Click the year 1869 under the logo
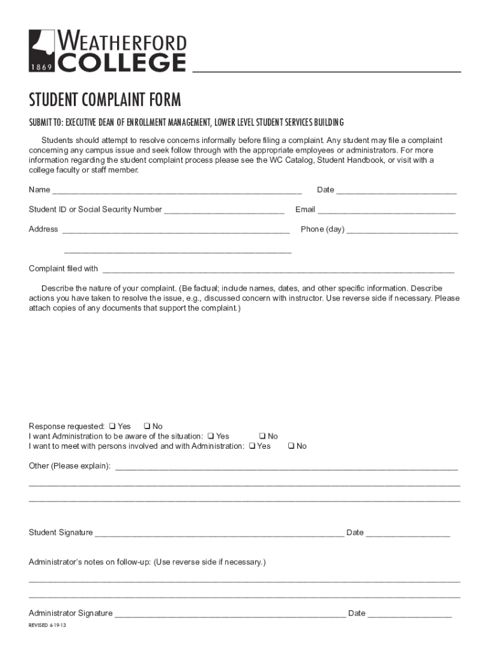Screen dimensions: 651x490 tap(41, 67)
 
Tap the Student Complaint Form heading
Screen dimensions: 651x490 tap(105, 100)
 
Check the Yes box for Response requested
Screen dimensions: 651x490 tap(112, 426)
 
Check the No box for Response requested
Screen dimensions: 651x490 tap(146, 426)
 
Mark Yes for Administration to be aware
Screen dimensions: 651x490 tap(210, 436)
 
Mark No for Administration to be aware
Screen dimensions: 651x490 tap(262, 436)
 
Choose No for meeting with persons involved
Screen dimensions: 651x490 tap(291, 446)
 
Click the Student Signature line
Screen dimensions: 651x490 tap(219, 533)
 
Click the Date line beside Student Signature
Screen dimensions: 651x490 tap(408, 533)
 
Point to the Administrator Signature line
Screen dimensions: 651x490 tap(230, 614)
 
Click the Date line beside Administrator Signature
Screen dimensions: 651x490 tap(410, 614)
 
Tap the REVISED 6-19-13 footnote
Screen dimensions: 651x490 tap(48, 626)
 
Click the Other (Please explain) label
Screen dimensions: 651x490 tap(69, 466)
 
